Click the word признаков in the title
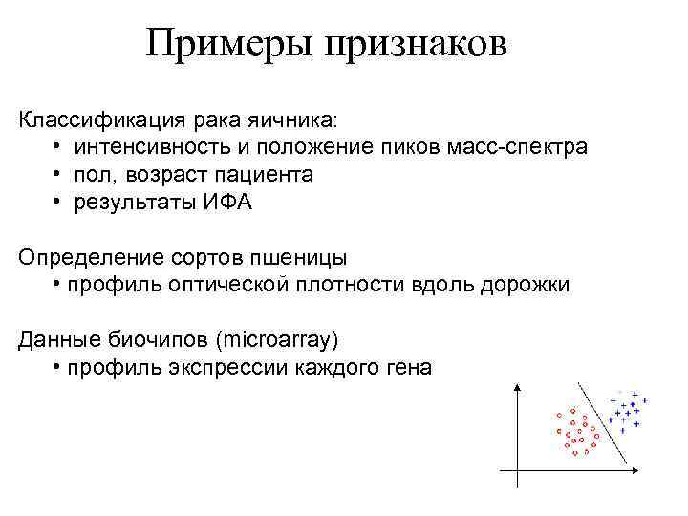click(x=416, y=43)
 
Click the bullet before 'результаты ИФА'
click(x=58, y=203)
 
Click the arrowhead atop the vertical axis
click(x=517, y=386)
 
